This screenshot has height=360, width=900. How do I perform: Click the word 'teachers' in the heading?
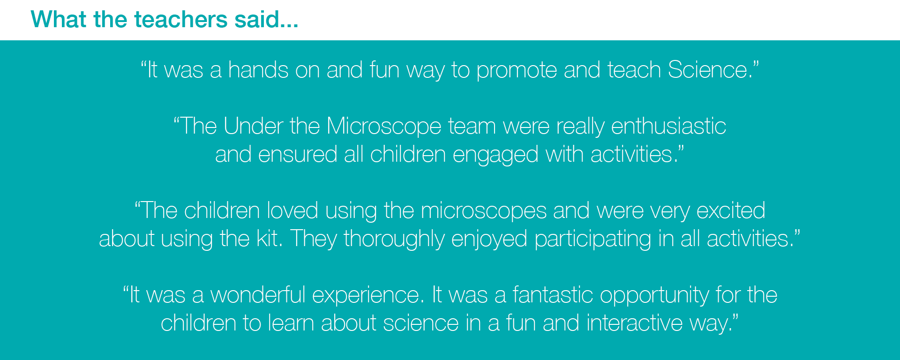tap(181, 20)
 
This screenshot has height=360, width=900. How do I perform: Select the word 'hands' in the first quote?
tap(258, 70)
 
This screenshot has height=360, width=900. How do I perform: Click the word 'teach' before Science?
tap(634, 70)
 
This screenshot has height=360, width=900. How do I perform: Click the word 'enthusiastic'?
tap(668, 126)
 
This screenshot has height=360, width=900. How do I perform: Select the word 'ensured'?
tap(298, 155)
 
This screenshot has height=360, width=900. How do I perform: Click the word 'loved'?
tap(292, 210)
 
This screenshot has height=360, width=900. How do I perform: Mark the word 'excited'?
tap(731, 210)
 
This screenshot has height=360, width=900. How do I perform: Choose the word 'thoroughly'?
tap(394, 240)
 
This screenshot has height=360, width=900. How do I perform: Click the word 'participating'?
tap(593, 240)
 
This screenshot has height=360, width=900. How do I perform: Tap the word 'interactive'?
tap(635, 323)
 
